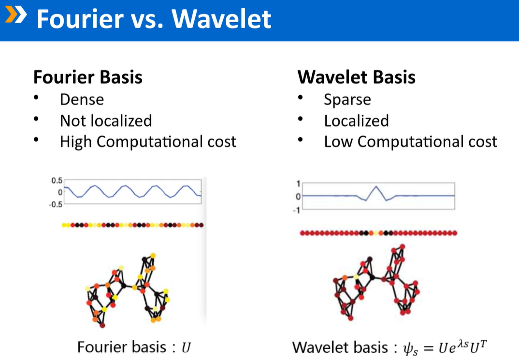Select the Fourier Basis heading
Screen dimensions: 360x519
[x=87, y=77]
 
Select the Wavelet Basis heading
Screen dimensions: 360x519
[x=356, y=77]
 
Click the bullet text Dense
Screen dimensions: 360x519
[x=82, y=100]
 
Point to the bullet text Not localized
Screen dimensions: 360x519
[x=105, y=121]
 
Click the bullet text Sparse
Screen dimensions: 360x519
[x=347, y=100]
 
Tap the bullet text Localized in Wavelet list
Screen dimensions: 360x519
[x=356, y=121]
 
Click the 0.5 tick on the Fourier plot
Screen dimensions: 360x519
[x=57, y=180]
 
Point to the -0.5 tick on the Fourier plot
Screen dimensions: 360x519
[x=56, y=204]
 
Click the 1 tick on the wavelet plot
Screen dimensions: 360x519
[x=299, y=184]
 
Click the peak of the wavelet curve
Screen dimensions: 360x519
[x=376, y=186]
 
